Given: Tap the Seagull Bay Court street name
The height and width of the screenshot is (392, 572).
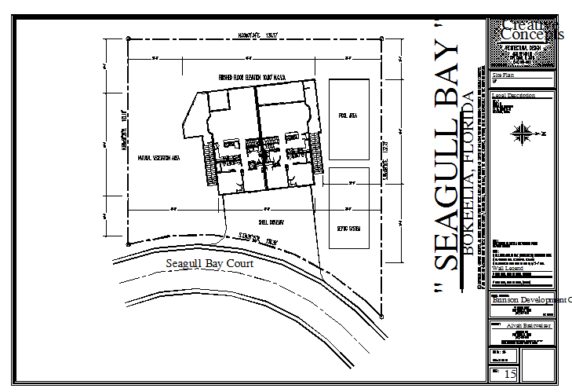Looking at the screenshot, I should (x=210, y=264).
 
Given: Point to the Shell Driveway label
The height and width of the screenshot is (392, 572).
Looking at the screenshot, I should (x=269, y=222).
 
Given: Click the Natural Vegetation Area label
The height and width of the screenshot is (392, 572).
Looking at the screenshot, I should (x=159, y=157).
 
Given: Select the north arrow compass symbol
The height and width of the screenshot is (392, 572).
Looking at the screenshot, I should (x=521, y=134).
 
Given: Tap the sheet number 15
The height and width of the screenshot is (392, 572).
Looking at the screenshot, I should (x=510, y=374).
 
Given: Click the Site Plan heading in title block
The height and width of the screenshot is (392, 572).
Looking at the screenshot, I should (x=502, y=75).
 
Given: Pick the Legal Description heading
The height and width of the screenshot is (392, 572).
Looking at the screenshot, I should (x=513, y=95).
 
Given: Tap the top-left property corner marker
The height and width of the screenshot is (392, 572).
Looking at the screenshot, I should (x=129, y=38).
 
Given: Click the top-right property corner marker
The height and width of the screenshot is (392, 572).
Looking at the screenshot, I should (x=382, y=37).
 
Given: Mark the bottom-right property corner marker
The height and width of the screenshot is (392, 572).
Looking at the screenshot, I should (x=382, y=314).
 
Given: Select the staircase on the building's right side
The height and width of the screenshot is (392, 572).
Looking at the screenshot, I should (x=317, y=153).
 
